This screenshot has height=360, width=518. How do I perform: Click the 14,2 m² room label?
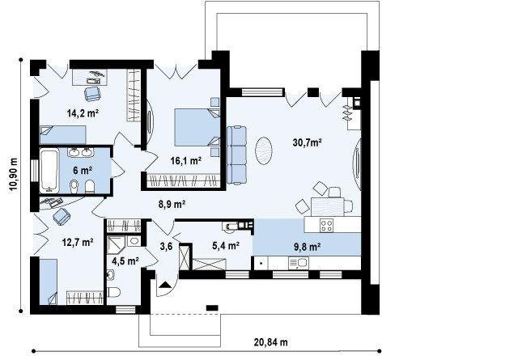coord(83,113)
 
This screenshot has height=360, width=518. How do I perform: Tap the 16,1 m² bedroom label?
coord(186,161)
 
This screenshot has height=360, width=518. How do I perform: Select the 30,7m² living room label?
coord(308,142)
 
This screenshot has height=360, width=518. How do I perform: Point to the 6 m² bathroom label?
coord(83,171)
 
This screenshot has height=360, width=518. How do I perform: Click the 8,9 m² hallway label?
coord(172,205)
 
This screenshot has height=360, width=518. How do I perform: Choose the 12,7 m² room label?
coord(78,243)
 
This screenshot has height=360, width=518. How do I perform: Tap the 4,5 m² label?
coord(125,261)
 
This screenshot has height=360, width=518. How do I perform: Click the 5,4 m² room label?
coord(226,245)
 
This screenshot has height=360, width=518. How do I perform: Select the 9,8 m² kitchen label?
coord(308,247)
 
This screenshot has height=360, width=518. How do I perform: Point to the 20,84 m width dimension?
coord(271,342)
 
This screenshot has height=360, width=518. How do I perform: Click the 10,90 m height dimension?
coord(13,173)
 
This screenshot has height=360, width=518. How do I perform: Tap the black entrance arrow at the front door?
coord(165,285)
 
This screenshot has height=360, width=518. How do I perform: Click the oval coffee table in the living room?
coord(264,150)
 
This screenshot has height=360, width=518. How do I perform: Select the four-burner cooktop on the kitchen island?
coord(326,226)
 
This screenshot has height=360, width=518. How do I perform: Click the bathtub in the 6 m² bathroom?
coord(49,171)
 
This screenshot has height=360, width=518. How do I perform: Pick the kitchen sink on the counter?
coord(299,264)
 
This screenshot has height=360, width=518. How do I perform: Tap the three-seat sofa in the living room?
coord(236,155)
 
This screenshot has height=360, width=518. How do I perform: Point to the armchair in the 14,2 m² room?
coord(92,94)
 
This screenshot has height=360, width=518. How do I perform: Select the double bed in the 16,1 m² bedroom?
coord(197,127)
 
